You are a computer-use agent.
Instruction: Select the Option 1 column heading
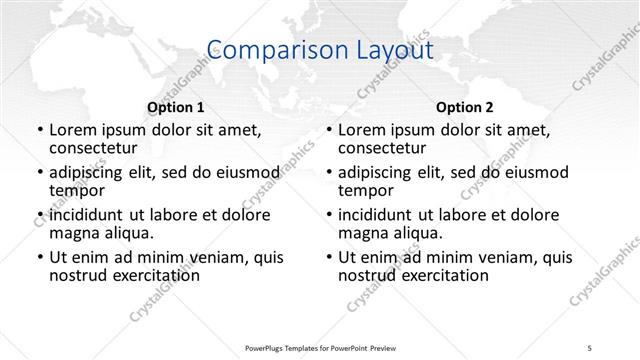coord(175,106)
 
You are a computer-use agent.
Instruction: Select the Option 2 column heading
coord(464,106)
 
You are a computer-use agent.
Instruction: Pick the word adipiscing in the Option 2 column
coord(381,172)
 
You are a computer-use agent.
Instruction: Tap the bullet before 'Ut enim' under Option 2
coord(330,258)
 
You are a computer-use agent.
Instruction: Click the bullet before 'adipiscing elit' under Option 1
coord(41,172)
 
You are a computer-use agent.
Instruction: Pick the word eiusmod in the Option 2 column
coord(536,172)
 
